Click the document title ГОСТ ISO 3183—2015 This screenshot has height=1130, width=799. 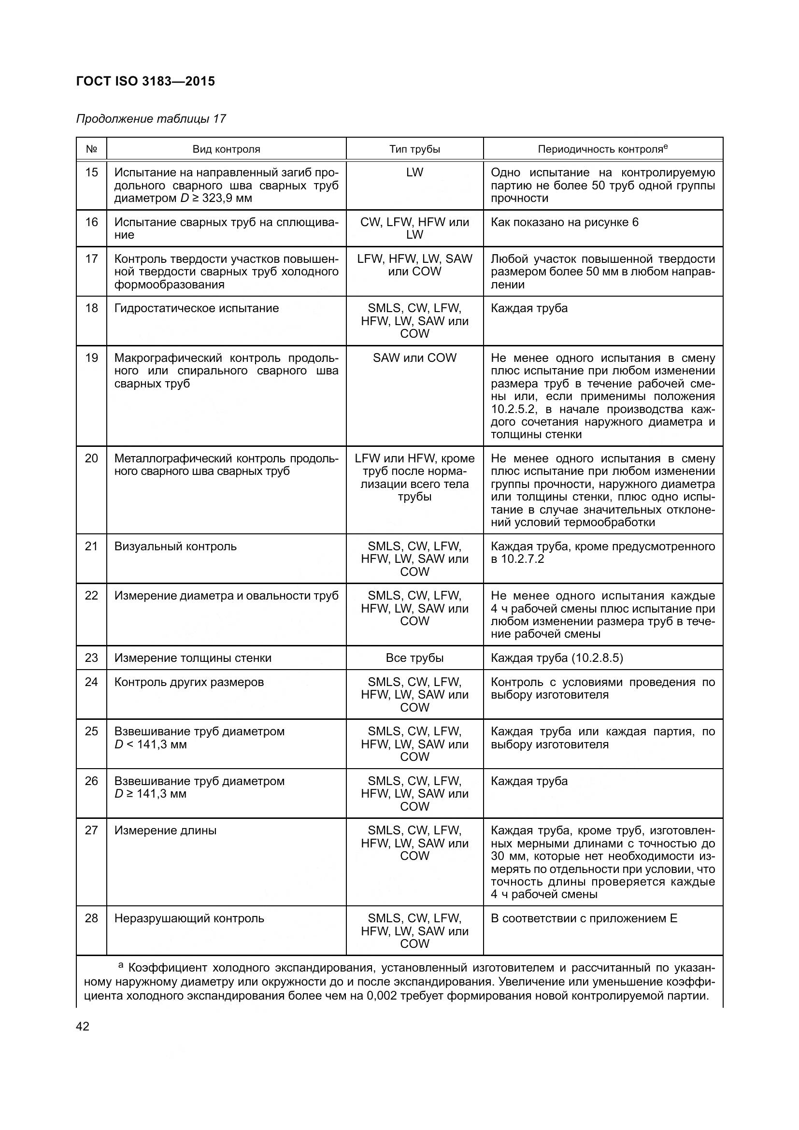click(x=145, y=81)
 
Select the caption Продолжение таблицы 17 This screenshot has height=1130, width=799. click(x=151, y=119)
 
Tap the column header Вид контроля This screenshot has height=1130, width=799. click(x=226, y=149)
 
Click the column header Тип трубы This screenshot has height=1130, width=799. click(x=414, y=149)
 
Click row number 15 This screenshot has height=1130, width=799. click(x=91, y=173)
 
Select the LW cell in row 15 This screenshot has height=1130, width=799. click(x=414, y=173)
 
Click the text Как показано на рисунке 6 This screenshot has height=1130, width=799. click(x=564, y=222)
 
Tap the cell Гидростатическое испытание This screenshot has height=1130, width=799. click(x=196, y=309)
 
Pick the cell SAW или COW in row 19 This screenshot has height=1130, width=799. click(x=414, y=358)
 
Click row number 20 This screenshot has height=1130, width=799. click(x=91, y=458)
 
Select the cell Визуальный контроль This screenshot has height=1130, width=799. click(x=175, y=546)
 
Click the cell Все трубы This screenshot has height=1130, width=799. click(x=414, y=658)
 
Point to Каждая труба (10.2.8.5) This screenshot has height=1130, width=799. click(x=556, y=658)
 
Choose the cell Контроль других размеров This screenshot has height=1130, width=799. click(x=189, y=682)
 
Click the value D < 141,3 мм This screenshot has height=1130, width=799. click(x=151, y=744)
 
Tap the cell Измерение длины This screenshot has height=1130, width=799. click(x=165, y=831)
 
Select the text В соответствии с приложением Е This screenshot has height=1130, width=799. click(x=584, y=918)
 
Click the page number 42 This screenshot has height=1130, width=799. click(x=83, y=1027)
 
